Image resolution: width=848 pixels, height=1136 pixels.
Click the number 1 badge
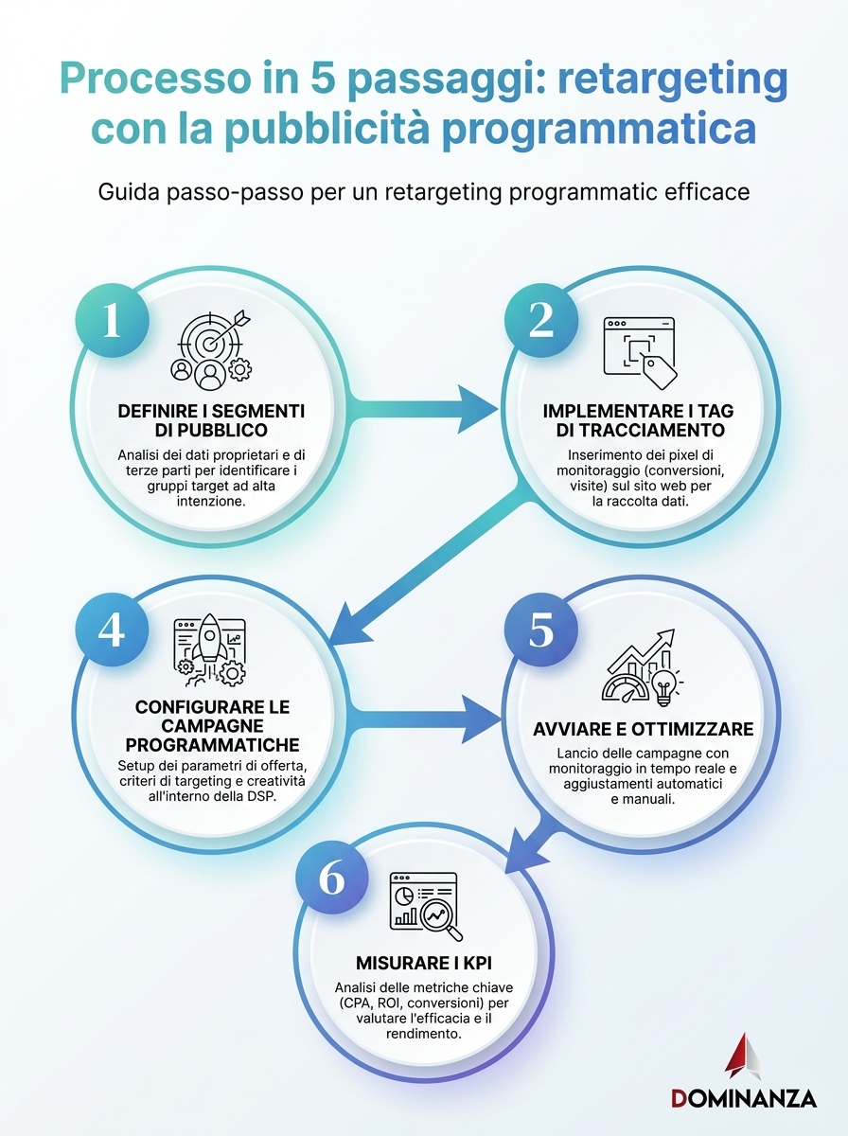tap(113, 321)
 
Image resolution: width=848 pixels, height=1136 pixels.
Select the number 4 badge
tap(113, 630)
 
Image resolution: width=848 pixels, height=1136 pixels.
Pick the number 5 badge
tap(541, 630)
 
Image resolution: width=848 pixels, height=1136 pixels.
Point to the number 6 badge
tap(332, 878)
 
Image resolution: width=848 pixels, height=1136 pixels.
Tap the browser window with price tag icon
tap(641, 353)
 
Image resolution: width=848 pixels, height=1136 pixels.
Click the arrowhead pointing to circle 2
tap(478, 409)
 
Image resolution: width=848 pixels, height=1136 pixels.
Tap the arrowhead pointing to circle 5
tap(480, 719)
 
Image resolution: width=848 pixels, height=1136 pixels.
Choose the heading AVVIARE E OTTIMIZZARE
tap(644, 729)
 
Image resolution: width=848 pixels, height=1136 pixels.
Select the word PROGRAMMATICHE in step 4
tap(212, 745)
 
